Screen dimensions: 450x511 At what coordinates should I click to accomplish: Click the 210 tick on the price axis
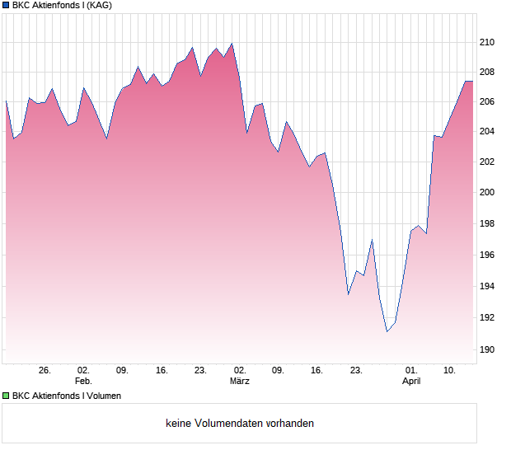click(x=488, y=42)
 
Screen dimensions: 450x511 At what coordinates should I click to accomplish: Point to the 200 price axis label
click(x=488, y=193)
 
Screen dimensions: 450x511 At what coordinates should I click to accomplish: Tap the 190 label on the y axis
click(x=488, y=349)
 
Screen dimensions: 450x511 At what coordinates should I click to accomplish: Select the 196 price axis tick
click(x=488, y=255)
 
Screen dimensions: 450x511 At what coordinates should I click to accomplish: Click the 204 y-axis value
click(x=488, y=131)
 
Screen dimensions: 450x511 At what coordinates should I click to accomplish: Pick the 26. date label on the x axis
click(x=45, y=371)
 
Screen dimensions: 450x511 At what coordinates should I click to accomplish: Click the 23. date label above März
click(x=200, y=371)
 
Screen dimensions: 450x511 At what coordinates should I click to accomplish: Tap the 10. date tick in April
click(x=449, y=371)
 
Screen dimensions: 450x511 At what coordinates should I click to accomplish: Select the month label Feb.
click(x=83, y=382)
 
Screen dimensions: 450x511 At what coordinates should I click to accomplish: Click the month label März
click(x=240, y=382)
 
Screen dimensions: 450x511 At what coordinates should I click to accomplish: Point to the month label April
click(x=411, y=382)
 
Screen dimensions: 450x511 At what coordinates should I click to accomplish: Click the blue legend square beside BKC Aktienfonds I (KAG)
click(x=5, y=6)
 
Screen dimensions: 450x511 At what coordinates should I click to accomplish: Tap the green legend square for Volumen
click(x=5, y=396)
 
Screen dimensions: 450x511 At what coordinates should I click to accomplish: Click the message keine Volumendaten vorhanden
click(x=240, y=424)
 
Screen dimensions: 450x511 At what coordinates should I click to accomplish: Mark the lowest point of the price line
click(x=387, y=331)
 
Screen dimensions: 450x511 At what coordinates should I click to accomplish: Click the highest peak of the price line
click(x=232, y=44)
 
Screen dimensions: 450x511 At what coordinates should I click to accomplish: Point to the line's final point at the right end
click(x=472, y=82)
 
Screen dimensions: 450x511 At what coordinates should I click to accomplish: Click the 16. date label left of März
click(x=162, y=371)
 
